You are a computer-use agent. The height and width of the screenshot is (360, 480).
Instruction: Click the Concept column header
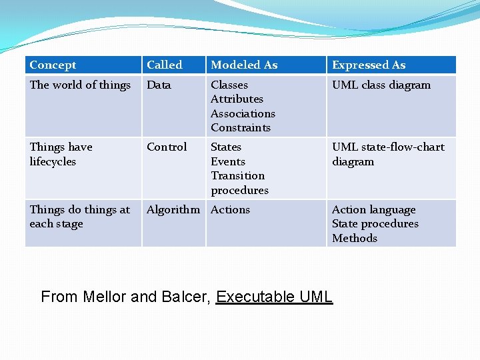(x=53, y=65)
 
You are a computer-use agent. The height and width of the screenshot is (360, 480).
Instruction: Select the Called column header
(x=164, y=65)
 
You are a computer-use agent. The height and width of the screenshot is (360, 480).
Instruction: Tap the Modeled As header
(x=244, y=65)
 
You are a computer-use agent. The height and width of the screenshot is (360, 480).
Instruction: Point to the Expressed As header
(x=369, y=65)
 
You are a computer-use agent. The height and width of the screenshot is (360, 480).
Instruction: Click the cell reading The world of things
(x=80, y=85)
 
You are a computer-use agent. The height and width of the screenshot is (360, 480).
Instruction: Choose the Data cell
(x=159, y=85)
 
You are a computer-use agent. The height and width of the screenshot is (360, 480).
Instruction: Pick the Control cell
(x=167, y=147)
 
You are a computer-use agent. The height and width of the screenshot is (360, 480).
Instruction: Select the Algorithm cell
(x=173, y=210)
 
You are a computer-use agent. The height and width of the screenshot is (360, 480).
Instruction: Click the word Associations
(x=243, y=114)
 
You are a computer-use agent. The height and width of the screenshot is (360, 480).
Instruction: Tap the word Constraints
(x=241, y=128)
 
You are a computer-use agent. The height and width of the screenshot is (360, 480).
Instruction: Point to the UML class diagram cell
(x=381, y=85)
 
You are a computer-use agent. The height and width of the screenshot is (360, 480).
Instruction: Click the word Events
(x=228, y=162)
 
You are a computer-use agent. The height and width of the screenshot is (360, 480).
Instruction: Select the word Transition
(x=237, y=176)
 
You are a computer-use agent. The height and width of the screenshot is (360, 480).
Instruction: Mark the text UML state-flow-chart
(x=388, y=147)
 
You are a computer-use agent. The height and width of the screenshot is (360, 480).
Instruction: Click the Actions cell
(x=230, y=210)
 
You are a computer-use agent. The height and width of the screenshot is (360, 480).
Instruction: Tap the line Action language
(x=373, y=210)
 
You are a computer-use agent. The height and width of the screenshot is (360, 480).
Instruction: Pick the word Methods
(x=355, y=239)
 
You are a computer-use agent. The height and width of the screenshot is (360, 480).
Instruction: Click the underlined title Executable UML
(x=274, y=297)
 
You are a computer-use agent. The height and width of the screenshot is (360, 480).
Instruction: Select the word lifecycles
(x=53, y=162)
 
